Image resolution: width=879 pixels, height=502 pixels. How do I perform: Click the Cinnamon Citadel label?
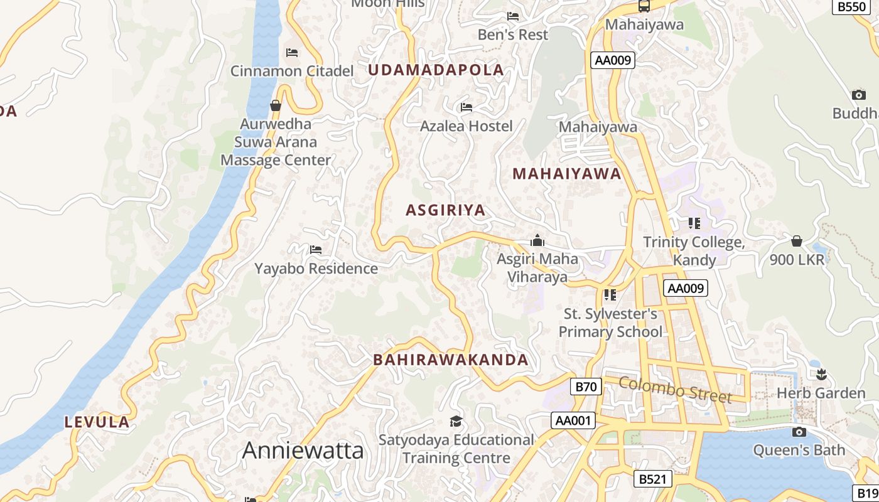[292, 71]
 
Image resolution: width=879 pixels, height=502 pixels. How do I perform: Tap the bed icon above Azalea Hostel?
[466, 107]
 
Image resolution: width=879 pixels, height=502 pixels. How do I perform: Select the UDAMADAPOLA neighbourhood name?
[436, 70]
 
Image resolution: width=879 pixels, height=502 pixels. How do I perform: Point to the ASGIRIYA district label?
[446, 210]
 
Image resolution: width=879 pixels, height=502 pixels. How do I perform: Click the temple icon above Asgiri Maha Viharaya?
[537, 240]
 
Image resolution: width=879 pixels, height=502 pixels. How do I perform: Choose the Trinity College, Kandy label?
[694, 250]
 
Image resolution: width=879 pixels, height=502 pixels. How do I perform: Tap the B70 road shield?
[586, 387]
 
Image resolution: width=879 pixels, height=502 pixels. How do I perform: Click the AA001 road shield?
[573, 420]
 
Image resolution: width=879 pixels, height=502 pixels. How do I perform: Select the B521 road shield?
[652, 479]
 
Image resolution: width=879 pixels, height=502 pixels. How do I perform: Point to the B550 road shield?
[851, 7]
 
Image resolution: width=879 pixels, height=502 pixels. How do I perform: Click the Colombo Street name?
[675, 390]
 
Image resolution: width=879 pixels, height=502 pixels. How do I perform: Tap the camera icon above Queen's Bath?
[799, 432]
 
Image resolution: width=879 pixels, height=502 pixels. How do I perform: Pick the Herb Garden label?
[821, 393]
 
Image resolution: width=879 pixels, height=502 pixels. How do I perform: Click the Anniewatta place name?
[303, 450]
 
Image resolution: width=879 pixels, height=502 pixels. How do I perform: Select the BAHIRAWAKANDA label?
[451, 360]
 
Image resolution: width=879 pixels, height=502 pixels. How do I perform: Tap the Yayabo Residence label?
[316, 269]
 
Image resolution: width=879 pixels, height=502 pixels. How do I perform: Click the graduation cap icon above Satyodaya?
[456, 421]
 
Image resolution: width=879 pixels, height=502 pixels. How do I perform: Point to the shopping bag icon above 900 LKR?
[797, 241]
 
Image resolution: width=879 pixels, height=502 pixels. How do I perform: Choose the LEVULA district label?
[97, 422]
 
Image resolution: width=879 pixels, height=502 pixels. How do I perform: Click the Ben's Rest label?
[513, 35]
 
